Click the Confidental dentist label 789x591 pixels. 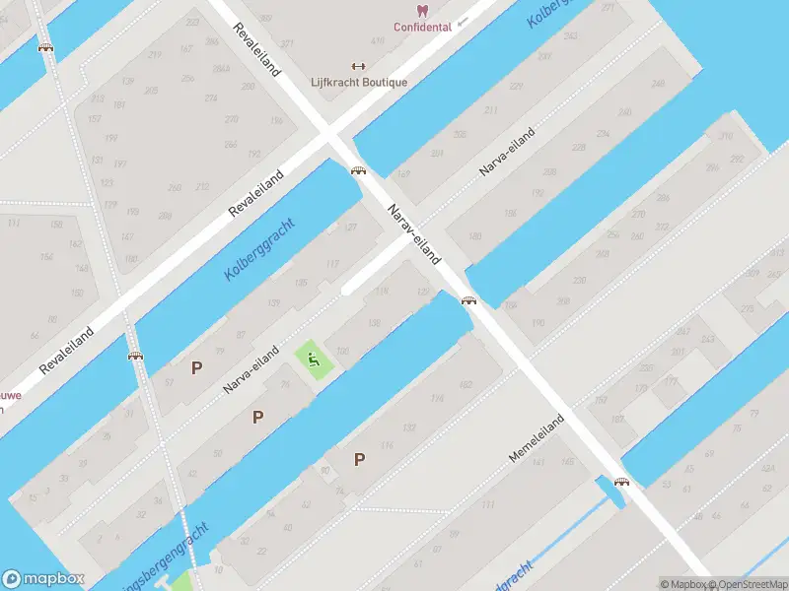pyautogui.click(x=422, y=27)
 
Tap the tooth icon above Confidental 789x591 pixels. pyautogui.click(x=422, y=10)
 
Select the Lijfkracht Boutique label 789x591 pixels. pyautogui.click(x=358, y=83)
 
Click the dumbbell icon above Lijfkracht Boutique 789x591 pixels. pyautogui.click(x=358, y=67)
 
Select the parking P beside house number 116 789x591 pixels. pyautogui.click(x=359, y=459)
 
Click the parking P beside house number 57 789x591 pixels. pyautogui.click(x=196, y=367)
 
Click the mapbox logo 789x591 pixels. pyautogui.click(x=43, y=579)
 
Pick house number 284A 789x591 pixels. pyautogui.click(x=221, y=69)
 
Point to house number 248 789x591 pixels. pyautogui.click(x=658, y=83)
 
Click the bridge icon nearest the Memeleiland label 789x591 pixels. pyautogui.click(x=621, y=482)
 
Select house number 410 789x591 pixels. pyautogui.click(x=378, y=41)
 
